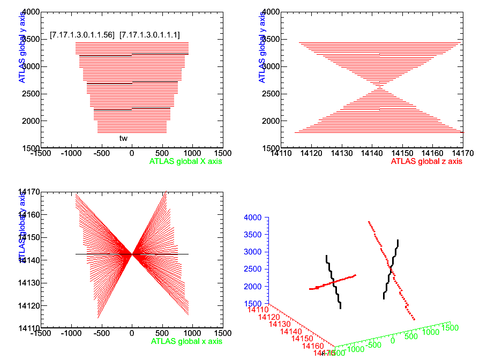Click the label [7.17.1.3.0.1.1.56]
[x=82, y=35]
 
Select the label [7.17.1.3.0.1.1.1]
[x=149, y=35]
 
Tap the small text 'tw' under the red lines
[x=123, y=138]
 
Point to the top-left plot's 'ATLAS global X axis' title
[x=185, y=161]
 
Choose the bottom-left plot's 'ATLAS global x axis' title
[x=186, y=341]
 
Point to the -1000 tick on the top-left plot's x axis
[x=71, y=153]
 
